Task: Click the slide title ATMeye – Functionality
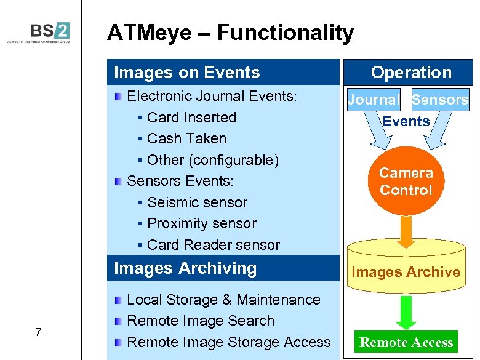point(230,33)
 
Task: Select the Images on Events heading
point(187,73)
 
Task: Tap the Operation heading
point(411,73)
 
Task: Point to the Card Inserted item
point(191,118)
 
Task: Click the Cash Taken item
point(186,138)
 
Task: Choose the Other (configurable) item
point(212,160)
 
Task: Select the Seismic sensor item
point(197,202)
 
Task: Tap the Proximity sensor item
point(201,223)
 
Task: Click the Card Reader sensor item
point(213,245)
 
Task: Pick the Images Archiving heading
point(185,268)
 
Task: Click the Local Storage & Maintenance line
point(223,300)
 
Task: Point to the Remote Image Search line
point(200,321)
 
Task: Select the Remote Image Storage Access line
point(228,342)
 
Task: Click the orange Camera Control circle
point(406,181)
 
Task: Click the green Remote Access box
point(406,342)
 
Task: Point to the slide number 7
point(38,333)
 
